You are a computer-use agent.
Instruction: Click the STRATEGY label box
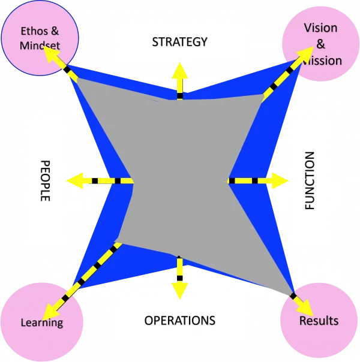pyautogui.click(x=179, y=42)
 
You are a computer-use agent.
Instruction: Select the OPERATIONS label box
pyautogui.click(x=179, y=320)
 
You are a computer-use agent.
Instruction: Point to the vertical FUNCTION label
pyautogui.click(x=310, y=180)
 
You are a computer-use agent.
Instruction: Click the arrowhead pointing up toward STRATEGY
pyautogui.click(x=179, y=70)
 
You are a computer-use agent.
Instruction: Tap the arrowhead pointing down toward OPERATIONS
pyautogui.click(x=179, y=289)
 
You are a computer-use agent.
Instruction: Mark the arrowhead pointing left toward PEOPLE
pyautogui.click(x=76, y=180)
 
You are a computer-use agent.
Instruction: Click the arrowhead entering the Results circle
pyautogui.click(x=305, y=307)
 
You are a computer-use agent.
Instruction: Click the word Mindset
pyautogui.click(x=40, y=44)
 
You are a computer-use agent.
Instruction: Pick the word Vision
pyautogui.click(x=321, y=28)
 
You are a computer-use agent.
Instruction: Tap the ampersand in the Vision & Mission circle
pyautogui.click(x=321, y=44)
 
